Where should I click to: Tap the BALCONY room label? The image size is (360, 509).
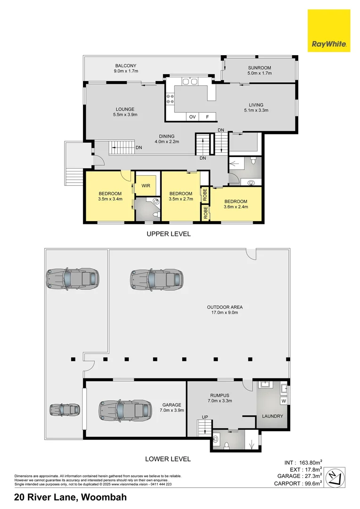tap(125, 66)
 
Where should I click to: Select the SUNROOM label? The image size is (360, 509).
tap(260, 68)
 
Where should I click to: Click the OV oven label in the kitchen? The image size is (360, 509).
tap(192, 116)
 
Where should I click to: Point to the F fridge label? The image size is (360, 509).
tap(206, 116)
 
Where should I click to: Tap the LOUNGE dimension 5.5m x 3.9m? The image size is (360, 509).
tap(125, 115)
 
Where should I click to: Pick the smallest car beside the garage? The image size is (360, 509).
tap(65, 410)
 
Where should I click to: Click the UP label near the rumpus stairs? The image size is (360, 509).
tap(205, 417)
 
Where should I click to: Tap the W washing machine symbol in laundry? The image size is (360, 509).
tap(284, 401)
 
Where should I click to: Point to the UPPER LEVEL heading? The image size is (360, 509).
tap(168, 234)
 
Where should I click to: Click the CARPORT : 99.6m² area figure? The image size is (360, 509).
tap(299, 483)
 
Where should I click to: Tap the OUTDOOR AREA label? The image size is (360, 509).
tap(225, 307)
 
